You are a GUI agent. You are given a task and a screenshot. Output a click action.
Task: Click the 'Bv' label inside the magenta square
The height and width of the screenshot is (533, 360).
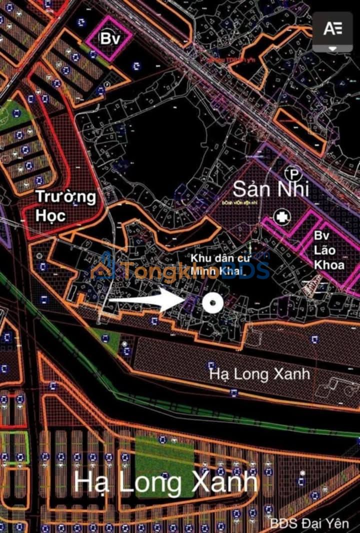[x=109, y=39]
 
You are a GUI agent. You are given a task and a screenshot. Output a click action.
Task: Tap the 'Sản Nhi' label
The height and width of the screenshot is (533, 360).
[x=271, y=189]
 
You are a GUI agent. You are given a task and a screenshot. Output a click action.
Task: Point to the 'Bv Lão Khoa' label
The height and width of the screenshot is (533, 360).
[x=328, y=250]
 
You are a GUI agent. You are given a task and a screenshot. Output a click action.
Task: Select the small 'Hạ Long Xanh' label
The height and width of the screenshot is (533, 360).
[x=259, y=374]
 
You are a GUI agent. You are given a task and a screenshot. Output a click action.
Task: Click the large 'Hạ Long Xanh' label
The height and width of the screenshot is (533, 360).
[x=166, y=483]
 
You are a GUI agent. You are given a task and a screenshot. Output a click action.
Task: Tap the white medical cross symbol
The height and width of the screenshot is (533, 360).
[x=280, y=217]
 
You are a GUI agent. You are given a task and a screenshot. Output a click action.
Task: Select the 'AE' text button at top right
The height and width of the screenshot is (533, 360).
[x=332, y=28]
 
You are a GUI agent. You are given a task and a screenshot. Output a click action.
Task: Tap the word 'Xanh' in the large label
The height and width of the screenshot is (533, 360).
[x=225, y=483]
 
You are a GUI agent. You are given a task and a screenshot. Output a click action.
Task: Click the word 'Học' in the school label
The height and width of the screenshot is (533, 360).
[x=50, y=215]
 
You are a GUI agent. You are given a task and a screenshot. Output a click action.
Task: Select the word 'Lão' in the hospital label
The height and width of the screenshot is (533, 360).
[x=325, y=250]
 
